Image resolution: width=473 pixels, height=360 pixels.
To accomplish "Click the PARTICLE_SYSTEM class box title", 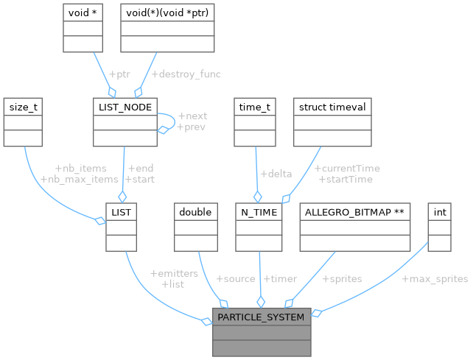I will [262, 317].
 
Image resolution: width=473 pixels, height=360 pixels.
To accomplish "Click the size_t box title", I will [24, 107].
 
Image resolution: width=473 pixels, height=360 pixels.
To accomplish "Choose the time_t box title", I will [255, 107].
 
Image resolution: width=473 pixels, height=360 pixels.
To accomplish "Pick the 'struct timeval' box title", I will [332, 107].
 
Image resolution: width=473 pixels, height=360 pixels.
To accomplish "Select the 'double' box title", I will [195, 212].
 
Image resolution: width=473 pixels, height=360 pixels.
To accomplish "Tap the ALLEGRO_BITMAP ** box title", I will [354, 212].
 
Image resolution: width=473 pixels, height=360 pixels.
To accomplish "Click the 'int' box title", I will [440, 212].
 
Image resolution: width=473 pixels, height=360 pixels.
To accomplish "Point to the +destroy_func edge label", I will [186, 74].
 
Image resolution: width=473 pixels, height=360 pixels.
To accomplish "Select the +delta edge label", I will [276, 174].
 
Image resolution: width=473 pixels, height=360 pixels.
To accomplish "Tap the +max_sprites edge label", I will [435, 279].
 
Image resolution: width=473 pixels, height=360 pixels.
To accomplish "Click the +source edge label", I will [235, 279].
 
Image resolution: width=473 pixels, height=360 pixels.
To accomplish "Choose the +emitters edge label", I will [174, 273].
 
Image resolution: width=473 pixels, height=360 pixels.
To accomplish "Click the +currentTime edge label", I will [347, 169].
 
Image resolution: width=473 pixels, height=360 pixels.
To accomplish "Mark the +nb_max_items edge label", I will [79, 179].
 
